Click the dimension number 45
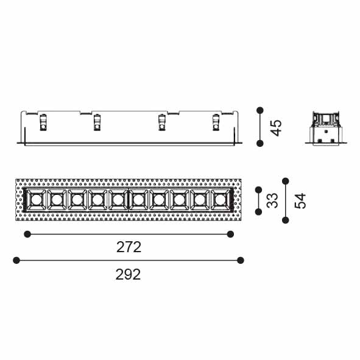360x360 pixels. tap(276, 128)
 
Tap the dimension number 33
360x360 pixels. tap(272, 200)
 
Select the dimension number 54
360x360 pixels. tap(300, 201)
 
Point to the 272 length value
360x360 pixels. tap(129, 247)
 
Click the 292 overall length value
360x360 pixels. tap(128, 274)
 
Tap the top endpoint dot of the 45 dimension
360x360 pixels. tap(260, 110)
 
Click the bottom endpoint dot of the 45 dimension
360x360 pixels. tap(260, 144)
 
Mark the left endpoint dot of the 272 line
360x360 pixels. tap(27, 234)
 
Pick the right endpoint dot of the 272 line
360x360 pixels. tap(230, 234)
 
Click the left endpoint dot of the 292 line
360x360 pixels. tap(16, 260)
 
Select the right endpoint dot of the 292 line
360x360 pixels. tap(241, 260)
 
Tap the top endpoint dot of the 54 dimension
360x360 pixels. tap(286, 181)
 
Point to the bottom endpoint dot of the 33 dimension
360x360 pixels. tap(258, 212)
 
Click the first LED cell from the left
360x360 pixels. tap(36, 200)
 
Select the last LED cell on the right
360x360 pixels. tap(220, 200)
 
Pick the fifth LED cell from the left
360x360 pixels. tap(118, 200)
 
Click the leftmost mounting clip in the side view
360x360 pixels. tap(43, 122)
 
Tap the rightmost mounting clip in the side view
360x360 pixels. tap(216, 122)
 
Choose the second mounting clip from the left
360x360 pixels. tap(97, 122)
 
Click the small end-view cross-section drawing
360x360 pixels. tap(326, 128)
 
